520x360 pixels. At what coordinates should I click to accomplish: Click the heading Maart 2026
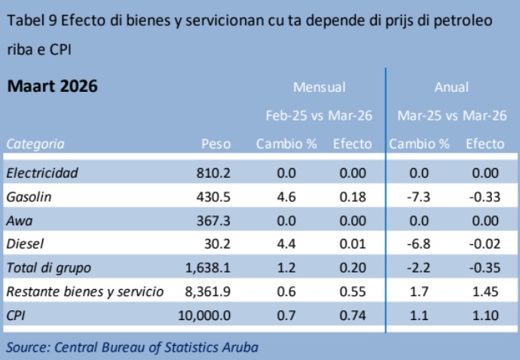click(52, 87)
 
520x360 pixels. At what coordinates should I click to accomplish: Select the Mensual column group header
click(319, 87)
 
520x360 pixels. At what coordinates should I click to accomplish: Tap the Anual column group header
click(451, 87)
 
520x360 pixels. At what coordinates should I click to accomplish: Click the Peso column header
click(216, 144)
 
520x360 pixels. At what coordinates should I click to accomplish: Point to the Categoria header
click(35, 144)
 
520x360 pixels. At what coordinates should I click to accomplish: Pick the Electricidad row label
click(42, 173)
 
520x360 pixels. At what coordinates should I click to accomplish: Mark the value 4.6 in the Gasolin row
click(287, 197)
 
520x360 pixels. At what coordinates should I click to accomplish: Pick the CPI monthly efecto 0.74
click(353, 316)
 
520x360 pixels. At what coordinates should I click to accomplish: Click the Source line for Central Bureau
click(133, 346)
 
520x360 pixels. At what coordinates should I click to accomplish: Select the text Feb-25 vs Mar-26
click(319, 116)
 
